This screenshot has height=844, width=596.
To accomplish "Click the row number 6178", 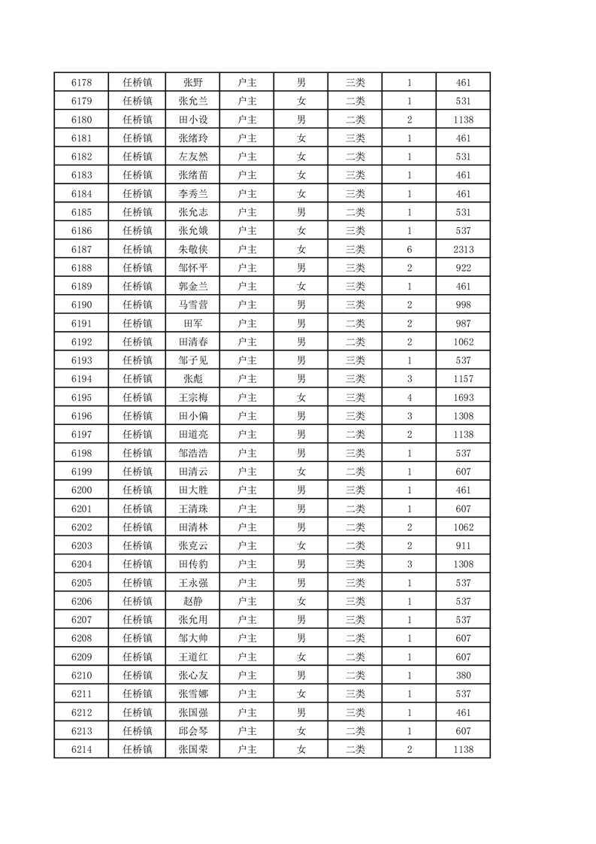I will click(81, 83).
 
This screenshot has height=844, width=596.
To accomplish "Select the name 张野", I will click(192, 83).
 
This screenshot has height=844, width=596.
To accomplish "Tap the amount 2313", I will click(463, 250).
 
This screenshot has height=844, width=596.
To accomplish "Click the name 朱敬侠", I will click(192, 250).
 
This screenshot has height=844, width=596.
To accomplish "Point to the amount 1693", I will click(463, 398).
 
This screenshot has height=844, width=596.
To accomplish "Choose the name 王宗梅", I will click(192, 398).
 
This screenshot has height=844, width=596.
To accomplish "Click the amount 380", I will click(463, 676).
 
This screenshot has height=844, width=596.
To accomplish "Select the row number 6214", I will click(81, 749).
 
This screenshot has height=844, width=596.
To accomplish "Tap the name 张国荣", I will click(192, 749).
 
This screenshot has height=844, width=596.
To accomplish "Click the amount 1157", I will click(463, 379).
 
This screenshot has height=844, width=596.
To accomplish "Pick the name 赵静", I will click(192, 601).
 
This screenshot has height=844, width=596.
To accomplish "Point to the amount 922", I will click(463, 268).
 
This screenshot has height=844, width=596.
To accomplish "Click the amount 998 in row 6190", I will click(463, 305).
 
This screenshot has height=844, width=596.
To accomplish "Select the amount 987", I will click(463, 323).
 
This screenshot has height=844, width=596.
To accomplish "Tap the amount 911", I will click(463, 545).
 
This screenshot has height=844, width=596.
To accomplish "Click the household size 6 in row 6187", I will click(410, 250).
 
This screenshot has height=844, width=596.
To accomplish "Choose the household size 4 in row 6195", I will click(410, 398).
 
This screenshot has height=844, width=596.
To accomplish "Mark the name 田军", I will click(192, 323).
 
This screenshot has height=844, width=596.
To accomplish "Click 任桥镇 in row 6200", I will click(138, 490).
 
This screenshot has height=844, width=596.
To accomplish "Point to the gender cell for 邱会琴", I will click(301, 731).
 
